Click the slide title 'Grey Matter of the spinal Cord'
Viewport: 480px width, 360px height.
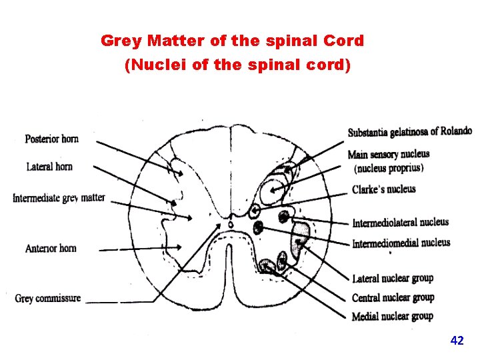click(232, 41)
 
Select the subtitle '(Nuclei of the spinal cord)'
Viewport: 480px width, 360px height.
click(237, 66)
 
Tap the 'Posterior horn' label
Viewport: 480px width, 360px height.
click(51, 139)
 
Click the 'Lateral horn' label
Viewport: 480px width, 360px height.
click(49, 166)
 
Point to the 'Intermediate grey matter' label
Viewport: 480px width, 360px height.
click(59, 198)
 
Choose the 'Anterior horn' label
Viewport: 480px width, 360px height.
click(51, 248)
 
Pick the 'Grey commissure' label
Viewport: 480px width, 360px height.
click(48, 298)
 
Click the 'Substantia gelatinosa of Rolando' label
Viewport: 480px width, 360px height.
click(409, 132)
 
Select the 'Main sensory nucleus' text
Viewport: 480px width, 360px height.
click(389, 155)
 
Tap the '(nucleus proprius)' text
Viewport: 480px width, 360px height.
click(389, 167)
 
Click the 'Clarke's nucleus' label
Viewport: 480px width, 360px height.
click(383, 189)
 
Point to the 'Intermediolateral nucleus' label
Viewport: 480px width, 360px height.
click(400, 222)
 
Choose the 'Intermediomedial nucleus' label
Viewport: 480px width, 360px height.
click(401, 243)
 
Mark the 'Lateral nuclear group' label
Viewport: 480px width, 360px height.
click(392, 278)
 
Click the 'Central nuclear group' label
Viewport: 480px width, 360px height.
click(393, 297)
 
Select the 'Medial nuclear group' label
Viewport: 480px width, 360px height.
click(392, 316)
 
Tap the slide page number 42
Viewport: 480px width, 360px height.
click(457, 341)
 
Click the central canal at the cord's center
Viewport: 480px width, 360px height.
click(231, 225)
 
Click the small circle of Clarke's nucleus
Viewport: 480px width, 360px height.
click(254, 211)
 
